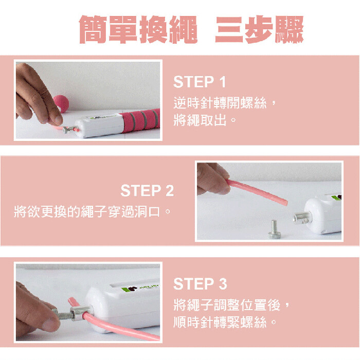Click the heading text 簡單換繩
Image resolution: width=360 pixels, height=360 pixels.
(138, 29)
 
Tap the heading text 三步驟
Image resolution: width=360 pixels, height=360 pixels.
(259, 29)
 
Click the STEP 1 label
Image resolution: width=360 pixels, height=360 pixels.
(200, 82)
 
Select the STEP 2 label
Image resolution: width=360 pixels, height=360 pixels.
(147, 190)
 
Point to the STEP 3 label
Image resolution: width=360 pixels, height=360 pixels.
(200, 283)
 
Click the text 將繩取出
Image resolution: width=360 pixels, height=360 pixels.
(200, 120)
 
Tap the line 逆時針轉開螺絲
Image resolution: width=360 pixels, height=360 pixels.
(220, 103)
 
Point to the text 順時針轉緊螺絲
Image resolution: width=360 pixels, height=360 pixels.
(220, 322)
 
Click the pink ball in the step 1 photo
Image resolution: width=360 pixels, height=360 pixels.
(62, 103)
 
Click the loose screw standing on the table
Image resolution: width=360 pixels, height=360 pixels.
(275, 229)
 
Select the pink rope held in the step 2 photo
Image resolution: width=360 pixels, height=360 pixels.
(257, 192)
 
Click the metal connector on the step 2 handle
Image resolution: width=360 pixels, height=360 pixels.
(302, 218)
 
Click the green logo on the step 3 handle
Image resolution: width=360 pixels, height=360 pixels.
(131, 289)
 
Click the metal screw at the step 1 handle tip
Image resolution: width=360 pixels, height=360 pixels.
(69, 130)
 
